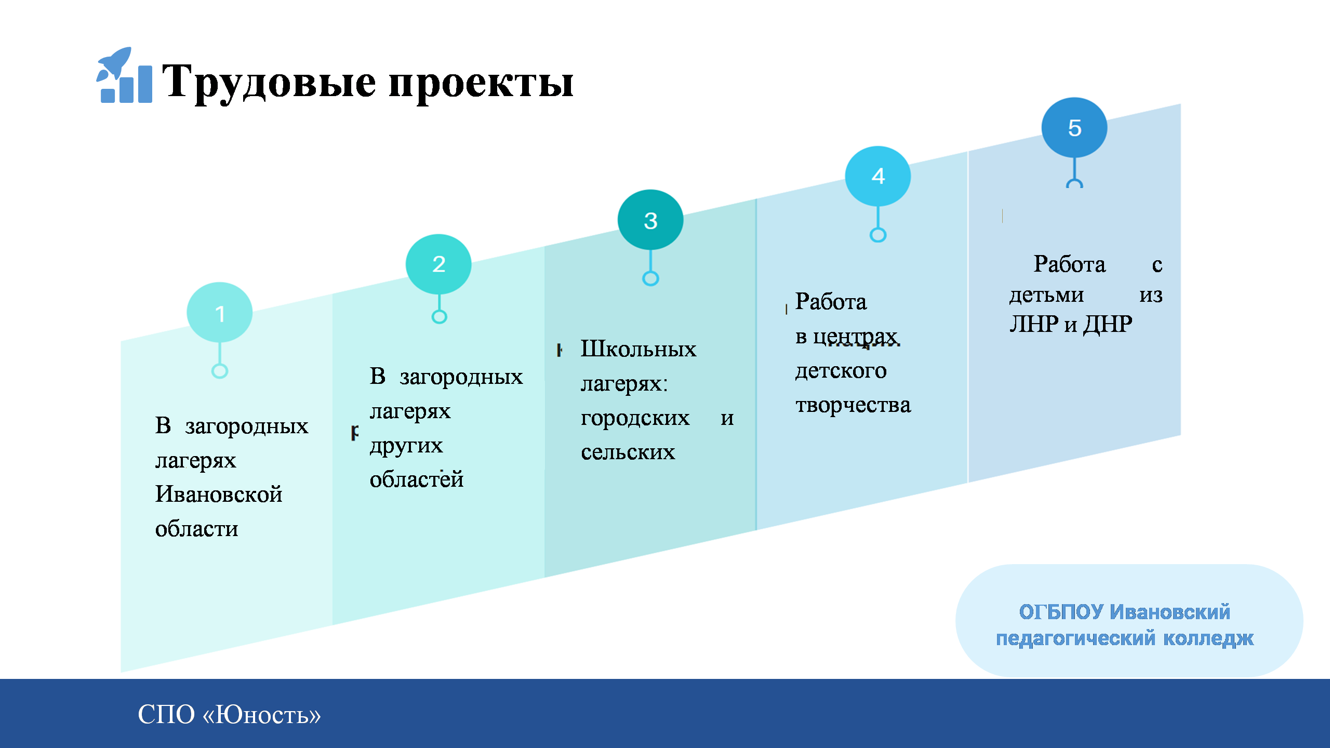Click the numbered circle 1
click(220, 313)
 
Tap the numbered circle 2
click(438, 264)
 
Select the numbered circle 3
click(650, 220)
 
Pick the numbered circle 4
click(878, 176)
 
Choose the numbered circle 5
click(1074, 128)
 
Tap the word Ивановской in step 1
click(219, 494)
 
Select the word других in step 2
click(406, 446)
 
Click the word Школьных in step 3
click(639, 349)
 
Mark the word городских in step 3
click(635, 419)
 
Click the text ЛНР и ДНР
click(1071, 324)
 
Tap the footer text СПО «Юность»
click(229, 714)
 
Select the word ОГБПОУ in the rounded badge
click(1060, 612)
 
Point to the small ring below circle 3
click(650, 278)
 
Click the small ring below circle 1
click(220, 371)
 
